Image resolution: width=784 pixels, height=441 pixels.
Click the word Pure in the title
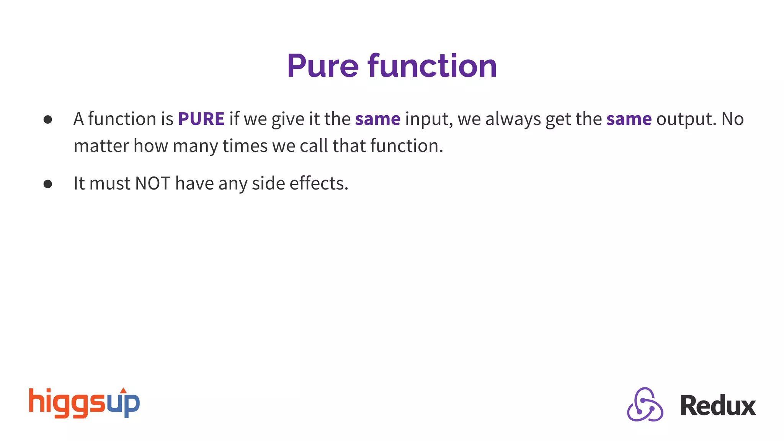(323, 66)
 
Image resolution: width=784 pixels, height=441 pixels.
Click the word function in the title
(432, 66)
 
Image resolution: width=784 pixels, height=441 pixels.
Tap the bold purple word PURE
(201, 119)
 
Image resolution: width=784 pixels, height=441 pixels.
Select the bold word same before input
(377, 119)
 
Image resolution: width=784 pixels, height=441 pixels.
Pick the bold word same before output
(629, 119)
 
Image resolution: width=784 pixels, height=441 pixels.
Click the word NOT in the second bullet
(152, 183)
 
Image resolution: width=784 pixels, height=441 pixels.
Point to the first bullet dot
(48, 120)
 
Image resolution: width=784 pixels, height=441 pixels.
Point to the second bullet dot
(48, 184)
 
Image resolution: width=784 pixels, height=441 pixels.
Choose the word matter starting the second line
(101, 146)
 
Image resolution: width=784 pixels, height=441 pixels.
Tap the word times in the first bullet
(245, 146)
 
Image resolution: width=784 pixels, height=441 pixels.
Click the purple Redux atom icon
(645, 405)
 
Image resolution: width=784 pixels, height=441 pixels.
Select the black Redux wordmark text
(718, 405)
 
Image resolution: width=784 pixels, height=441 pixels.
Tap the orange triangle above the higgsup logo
(123, 391)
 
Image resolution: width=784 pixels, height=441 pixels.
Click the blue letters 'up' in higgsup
(123, 404)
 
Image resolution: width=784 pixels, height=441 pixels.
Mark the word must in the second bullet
(110, 183)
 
